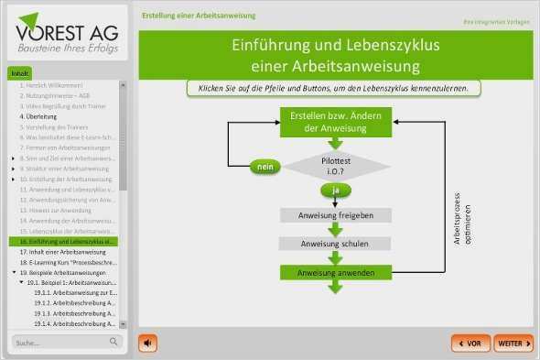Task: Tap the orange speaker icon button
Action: [147, 343]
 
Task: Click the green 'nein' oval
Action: [265, 167]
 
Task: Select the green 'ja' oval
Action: [336, 190]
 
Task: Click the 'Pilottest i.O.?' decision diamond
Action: [336, 166]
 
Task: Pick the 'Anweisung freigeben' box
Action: [336, 215]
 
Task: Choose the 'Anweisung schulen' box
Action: [336, 245]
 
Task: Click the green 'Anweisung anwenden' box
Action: [336, 273]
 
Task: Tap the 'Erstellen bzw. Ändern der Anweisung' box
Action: [336, 123]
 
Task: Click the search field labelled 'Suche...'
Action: [59, 343]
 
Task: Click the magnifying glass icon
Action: [114, 342]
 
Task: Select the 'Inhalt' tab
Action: [20, 74]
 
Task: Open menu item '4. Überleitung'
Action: [38, 117]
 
